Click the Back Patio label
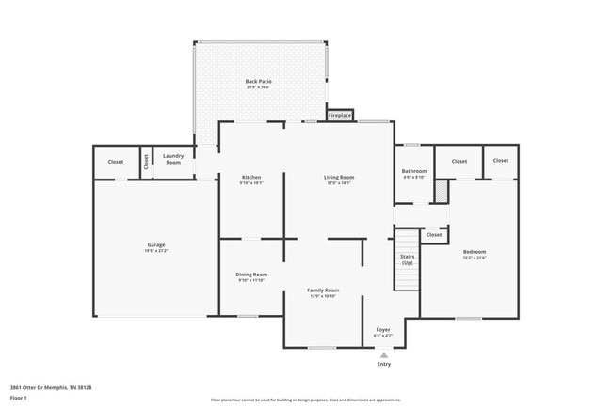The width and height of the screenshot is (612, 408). pos(258,82)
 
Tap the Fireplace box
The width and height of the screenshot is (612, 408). pos(339,116)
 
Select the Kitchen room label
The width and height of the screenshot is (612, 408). pos(250,177)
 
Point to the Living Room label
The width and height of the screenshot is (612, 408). pos(338,177)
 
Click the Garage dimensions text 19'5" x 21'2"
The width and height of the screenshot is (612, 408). pos(155,251)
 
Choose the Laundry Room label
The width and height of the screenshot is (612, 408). pos(172,159)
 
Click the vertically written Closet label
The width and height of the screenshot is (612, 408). pos(146,161)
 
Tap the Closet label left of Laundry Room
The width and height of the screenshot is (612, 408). pos(115,161)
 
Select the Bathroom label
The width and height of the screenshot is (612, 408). pos(413,171)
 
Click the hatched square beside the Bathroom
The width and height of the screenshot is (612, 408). pos(440,190)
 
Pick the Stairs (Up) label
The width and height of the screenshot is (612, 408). pos(407,259)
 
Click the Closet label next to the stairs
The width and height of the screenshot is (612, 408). pos(433,234)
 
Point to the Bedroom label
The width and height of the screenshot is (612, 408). pos(474,252)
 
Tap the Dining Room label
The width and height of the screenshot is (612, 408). pos(251,275)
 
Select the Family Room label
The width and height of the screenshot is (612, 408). pos(323,290)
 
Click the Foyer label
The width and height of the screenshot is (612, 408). pos(383,329)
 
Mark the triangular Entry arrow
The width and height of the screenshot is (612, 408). pos(383,355)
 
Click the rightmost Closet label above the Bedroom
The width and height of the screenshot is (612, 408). pos(500,160)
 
